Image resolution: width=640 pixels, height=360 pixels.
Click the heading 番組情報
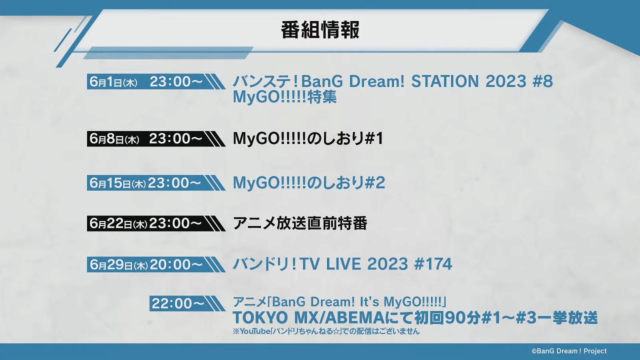[320, 30]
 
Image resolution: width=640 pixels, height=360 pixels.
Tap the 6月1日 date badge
[156, 81]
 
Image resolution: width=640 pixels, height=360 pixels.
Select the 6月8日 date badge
[156, 139]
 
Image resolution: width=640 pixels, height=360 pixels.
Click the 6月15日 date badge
[156, 183]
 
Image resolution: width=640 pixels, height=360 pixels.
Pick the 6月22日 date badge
[156, 223]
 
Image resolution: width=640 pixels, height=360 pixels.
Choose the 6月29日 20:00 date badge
[156, 264]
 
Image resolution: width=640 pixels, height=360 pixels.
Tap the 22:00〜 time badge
[187, 303]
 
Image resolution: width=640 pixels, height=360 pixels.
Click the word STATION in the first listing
[445, 81]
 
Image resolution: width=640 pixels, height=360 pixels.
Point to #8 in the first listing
[542, 81]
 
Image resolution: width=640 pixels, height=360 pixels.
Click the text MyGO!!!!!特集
[285, 97]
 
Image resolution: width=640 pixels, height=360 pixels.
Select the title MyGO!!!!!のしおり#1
[308, 138]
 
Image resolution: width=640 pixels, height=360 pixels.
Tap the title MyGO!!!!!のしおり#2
[309, 183]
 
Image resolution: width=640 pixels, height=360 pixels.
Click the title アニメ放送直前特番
[300, 223]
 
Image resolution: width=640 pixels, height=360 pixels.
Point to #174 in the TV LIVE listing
[433, 264]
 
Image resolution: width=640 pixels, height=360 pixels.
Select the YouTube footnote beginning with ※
[326, 331]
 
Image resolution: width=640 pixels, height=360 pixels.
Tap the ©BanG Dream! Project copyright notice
[569, 351]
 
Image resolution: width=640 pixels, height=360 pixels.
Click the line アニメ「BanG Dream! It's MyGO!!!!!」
[339, 301]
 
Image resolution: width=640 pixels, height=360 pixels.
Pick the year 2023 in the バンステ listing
[505, 81]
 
